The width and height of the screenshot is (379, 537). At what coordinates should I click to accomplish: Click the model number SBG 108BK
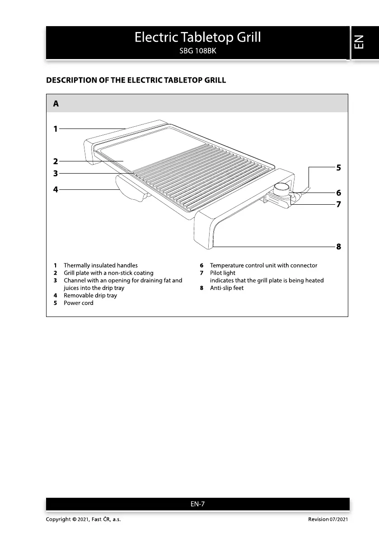click(x=198, y=51)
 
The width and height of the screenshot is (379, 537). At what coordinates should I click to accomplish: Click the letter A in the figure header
click(x=56, y=104)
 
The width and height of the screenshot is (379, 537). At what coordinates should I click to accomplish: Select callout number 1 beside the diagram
click(x=56, y=129)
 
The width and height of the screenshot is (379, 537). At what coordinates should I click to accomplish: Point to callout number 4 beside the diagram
click(x=56, y=190)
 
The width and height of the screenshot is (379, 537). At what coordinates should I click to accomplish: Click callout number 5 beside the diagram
click(x=338, y=168)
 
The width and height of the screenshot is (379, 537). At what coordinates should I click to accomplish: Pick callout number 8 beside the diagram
click(x=338, y=247)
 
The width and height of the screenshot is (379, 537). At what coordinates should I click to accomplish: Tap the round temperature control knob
click(x=283, y=187)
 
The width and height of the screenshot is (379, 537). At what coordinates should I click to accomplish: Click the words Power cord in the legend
click(x=78, y=303)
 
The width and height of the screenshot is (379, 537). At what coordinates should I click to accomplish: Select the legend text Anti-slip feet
click(x=226, y=288)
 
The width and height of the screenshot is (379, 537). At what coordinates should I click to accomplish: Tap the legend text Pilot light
click(x=222, y=273)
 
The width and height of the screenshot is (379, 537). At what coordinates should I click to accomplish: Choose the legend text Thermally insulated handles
click(x=100, y=266)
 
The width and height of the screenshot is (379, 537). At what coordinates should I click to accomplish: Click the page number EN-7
click(x=198, y=504)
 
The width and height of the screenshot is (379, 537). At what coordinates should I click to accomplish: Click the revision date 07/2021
click(x=338, y=520)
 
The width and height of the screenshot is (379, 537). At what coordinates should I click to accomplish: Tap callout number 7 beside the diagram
click(x=338, y=204)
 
